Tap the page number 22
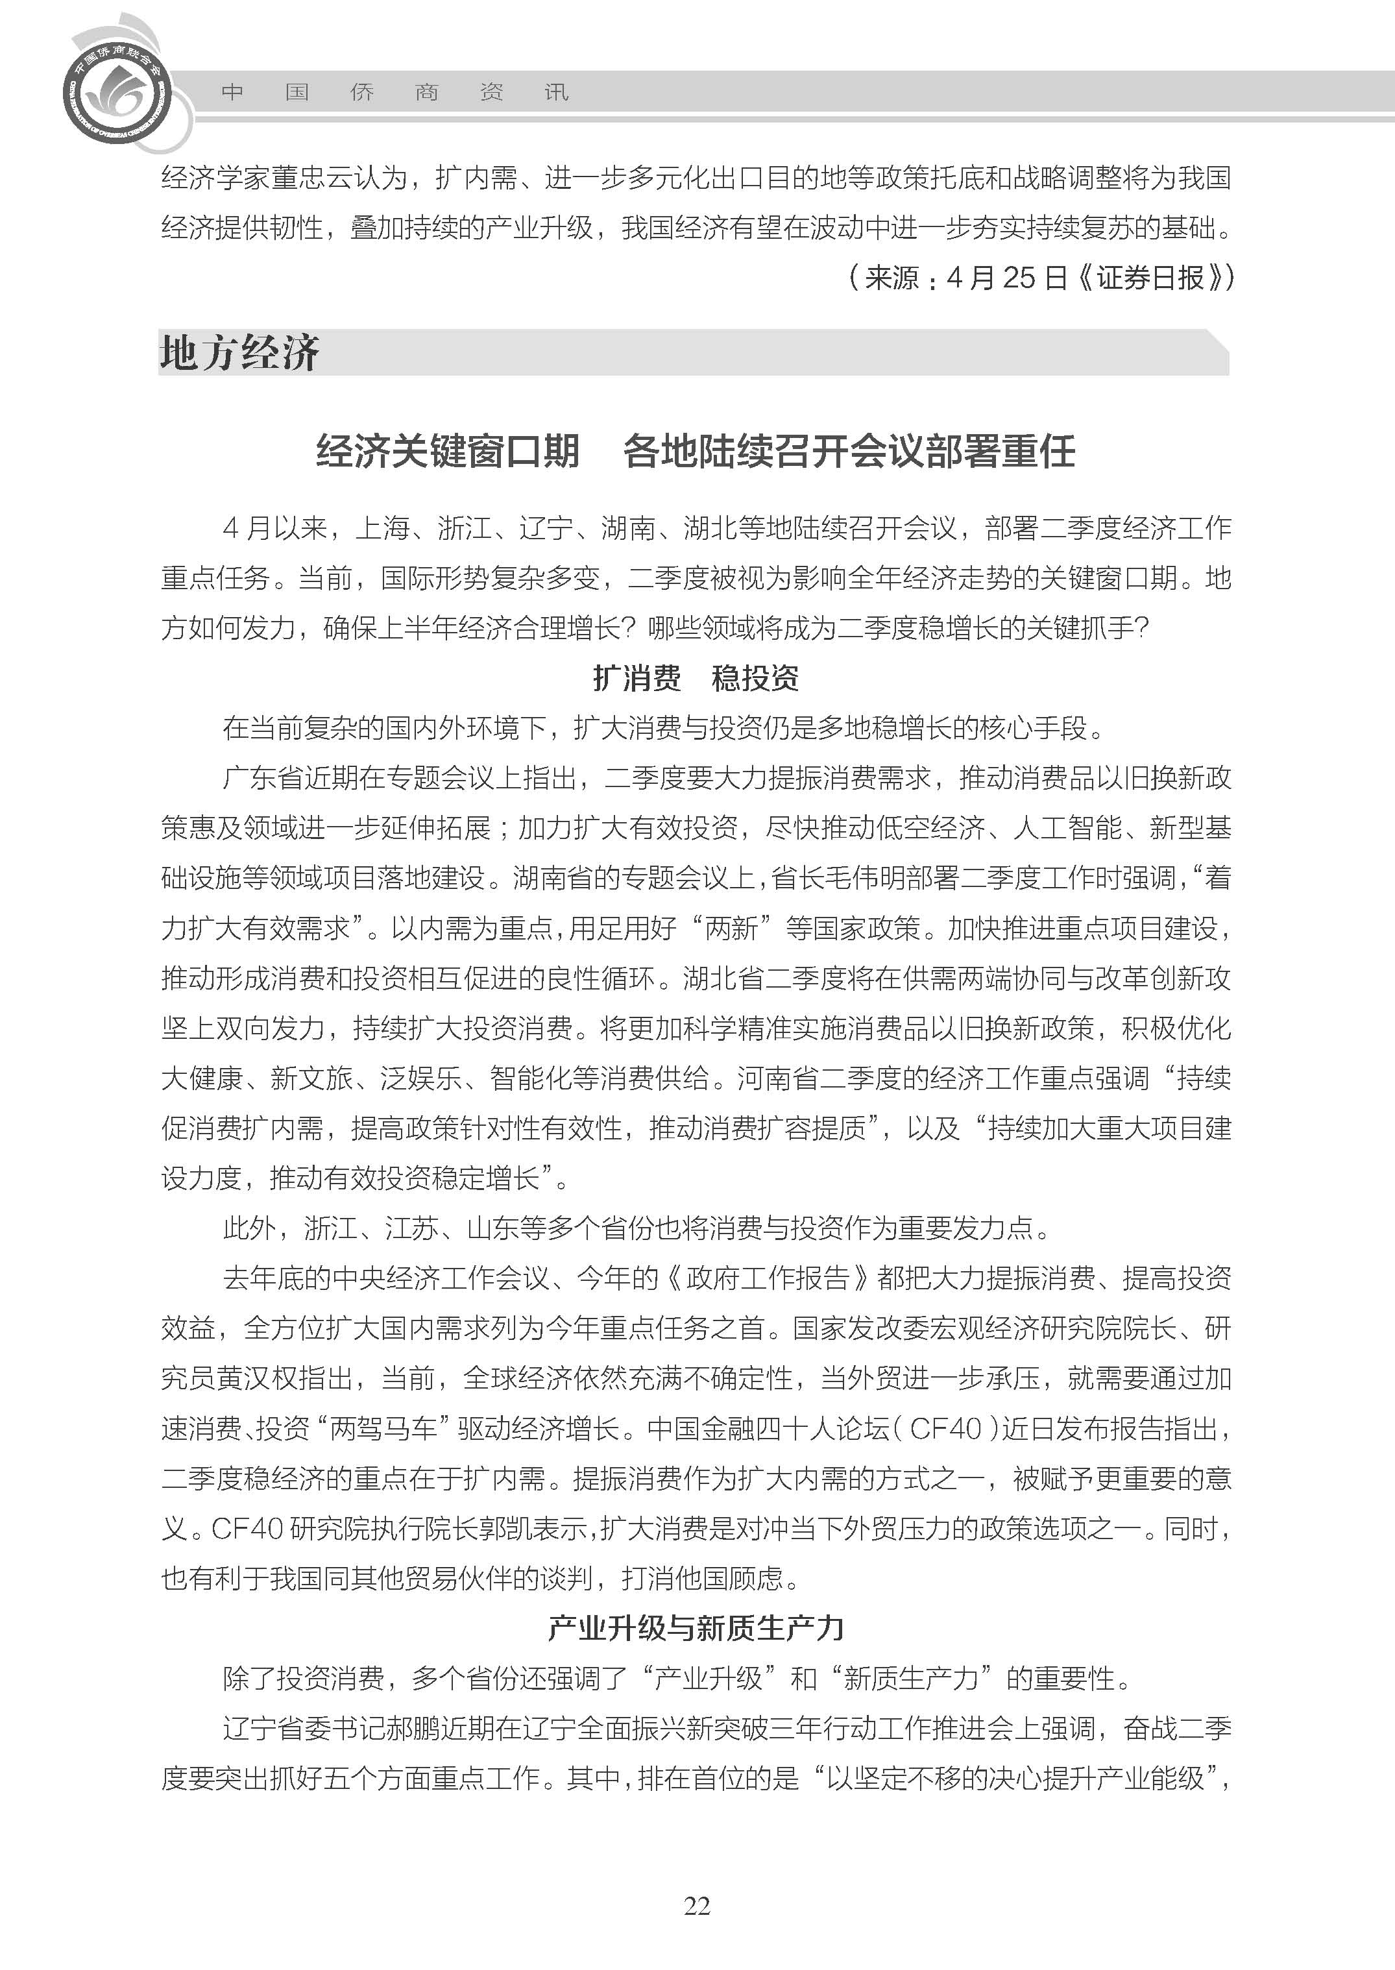click(697, 1906)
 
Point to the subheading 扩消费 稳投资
click(696, 678)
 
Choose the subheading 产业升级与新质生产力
click(696, 1627)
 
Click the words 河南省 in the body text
click(777, 1078)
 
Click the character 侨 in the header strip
click(361, 92)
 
